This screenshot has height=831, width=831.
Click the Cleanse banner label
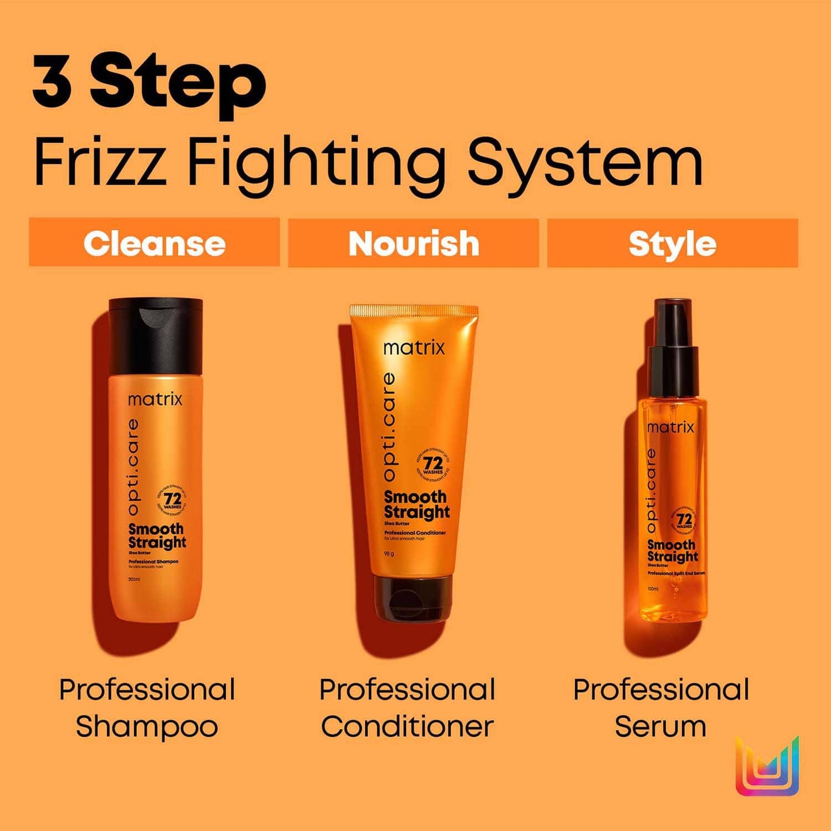click(x=154, y=243)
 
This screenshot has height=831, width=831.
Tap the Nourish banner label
click(x=413, y=243)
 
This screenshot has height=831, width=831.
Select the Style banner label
click(x=672, y=244)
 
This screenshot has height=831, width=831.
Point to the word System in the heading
click(x=585, y=162)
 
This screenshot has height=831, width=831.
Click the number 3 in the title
click(x=53, y=81)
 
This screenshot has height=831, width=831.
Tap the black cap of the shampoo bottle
click(x=156, y=335)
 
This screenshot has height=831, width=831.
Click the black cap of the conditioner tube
click(x=413, y=598)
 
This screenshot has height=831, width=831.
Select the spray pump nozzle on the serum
click(x=673, y=322)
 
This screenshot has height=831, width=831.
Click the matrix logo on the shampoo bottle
click(x=155, y=399)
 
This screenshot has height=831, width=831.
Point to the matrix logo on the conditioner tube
click(x=414, y=347)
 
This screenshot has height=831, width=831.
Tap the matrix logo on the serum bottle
click(x=671, y=427)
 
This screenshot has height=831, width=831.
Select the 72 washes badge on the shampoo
click(x=172, y=500)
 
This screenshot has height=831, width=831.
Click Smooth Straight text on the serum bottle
click(x=672, y=550)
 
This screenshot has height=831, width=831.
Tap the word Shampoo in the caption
click(x=147, y=726)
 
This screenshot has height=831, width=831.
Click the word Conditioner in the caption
click(x=407, y=726)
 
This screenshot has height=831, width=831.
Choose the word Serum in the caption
click(x=660, y=726)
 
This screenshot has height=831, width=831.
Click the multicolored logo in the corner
click(x=767, y=767)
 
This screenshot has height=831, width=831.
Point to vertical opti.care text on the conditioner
click(x=389, y=426)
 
